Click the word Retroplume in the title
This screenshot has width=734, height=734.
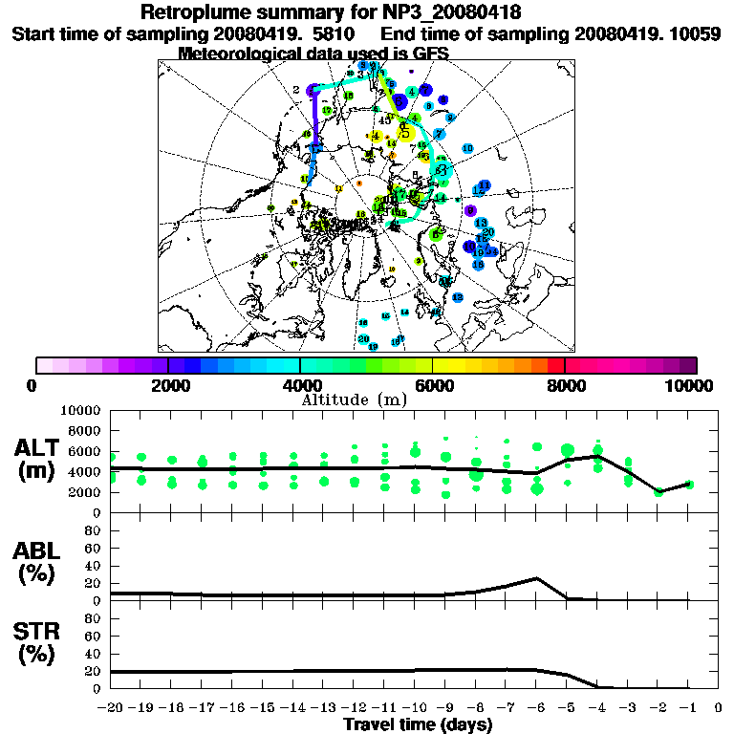(x=197, y=12)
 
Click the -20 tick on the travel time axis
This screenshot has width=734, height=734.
(x=111, y=708)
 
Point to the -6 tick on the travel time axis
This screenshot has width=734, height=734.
(x=537, y=708)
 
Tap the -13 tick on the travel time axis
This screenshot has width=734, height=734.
(x=324, y=708)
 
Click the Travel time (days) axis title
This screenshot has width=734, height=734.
(x=418, y=724)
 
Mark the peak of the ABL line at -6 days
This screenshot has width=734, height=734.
(x=537, y=578)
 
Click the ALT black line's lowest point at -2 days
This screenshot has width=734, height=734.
(x=658, y=492)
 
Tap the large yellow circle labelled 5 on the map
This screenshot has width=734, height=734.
(x=406, y=133)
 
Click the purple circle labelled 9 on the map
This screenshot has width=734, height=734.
(x=470, y=210)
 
